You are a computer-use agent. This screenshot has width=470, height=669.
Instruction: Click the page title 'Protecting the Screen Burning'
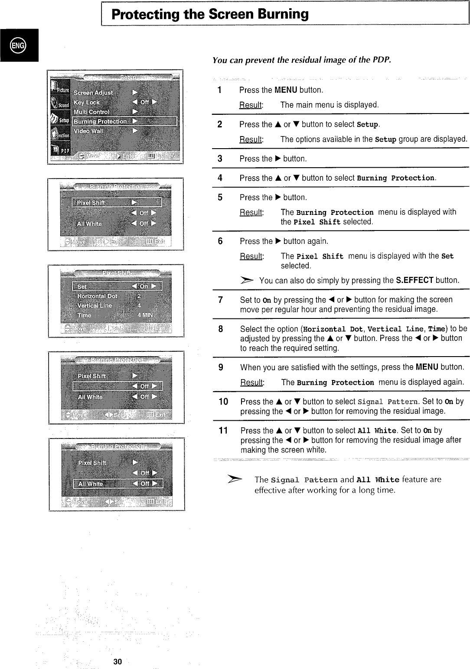coord(210,14)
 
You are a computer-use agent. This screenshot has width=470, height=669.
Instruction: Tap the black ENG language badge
coord(19,45)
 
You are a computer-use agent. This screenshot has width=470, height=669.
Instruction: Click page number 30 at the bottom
coord(117,661)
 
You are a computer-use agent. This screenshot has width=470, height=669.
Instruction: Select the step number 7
coord(220,300)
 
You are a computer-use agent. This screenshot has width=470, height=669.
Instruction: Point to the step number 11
coord(223,431)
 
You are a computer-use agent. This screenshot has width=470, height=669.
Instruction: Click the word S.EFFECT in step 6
coord(415,280)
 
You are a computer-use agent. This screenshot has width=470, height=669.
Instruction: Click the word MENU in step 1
coord(286,90)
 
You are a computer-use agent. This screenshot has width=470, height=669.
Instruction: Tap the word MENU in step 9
coord(427,367)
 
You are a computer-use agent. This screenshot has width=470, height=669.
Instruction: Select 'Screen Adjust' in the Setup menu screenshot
coord(93,93)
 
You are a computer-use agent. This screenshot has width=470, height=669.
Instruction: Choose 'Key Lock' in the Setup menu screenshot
coord(87,103)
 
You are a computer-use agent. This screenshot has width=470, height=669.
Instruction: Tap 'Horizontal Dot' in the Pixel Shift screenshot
coord(97,296)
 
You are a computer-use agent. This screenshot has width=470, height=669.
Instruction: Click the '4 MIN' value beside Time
coord(145,315)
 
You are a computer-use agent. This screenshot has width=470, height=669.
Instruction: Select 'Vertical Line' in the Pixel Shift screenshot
coord(95,305)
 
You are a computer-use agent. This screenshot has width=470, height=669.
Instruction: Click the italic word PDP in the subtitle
coord(382,60)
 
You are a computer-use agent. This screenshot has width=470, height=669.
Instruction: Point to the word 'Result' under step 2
coord(251,140)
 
